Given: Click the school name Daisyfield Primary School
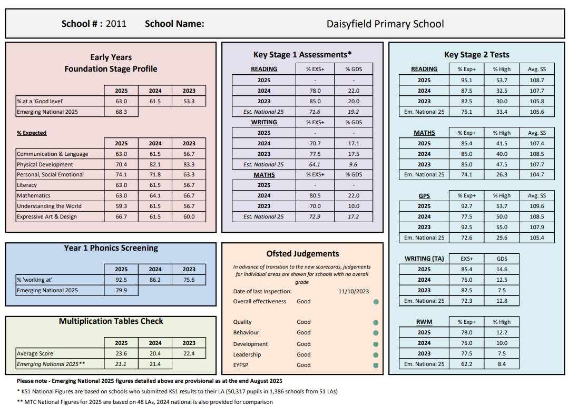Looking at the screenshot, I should pos(385,24).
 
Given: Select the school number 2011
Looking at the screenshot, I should pos(116,24).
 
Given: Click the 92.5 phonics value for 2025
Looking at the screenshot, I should pos(121,280).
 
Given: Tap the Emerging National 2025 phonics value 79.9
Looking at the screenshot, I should pos(121,291).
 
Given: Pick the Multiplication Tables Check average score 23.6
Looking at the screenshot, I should pos(121,354).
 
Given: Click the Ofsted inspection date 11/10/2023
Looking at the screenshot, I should pos(354,291).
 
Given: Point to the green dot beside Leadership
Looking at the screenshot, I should pos(376,355).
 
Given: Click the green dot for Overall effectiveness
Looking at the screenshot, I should pos(376,302).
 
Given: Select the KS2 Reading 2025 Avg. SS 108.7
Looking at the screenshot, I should pos(536,81).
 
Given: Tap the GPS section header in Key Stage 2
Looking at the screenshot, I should pos(424,196).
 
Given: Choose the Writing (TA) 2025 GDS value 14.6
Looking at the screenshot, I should pos(502,270).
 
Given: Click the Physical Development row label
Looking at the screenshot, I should pos(45,164).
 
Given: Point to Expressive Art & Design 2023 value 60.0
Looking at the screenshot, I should pos(189,217).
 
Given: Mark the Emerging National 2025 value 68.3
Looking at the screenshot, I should pos(121,112).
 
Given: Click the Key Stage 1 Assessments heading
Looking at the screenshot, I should pos(302,55).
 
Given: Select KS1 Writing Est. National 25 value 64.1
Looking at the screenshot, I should pos(315,164).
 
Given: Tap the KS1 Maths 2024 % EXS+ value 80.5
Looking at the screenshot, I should pos(315,196).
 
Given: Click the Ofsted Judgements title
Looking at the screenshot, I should pos(302,254).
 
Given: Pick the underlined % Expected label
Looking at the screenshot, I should pos(32,133).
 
